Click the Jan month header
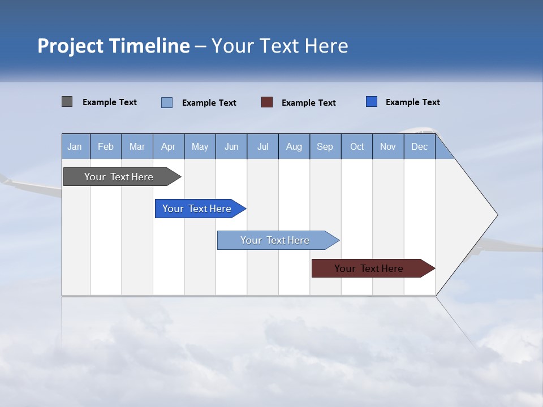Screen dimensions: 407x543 (75, 146)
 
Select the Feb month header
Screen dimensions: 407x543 (106, 146)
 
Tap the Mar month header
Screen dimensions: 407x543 (137, 146)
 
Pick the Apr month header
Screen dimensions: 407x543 (169, 146)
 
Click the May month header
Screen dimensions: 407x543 (200, 146)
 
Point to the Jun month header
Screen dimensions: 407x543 (231, 146)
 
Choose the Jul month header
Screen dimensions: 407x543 (262, 146)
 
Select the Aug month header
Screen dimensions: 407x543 (294, 146)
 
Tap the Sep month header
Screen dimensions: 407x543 (325, 146)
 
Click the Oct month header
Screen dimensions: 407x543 (357, 146)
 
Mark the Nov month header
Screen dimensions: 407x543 (388, 146)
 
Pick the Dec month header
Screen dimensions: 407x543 (420, 146)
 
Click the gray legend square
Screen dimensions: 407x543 (67, 102)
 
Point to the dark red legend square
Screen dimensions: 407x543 (267, 102)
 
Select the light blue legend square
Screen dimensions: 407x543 (167, 102)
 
